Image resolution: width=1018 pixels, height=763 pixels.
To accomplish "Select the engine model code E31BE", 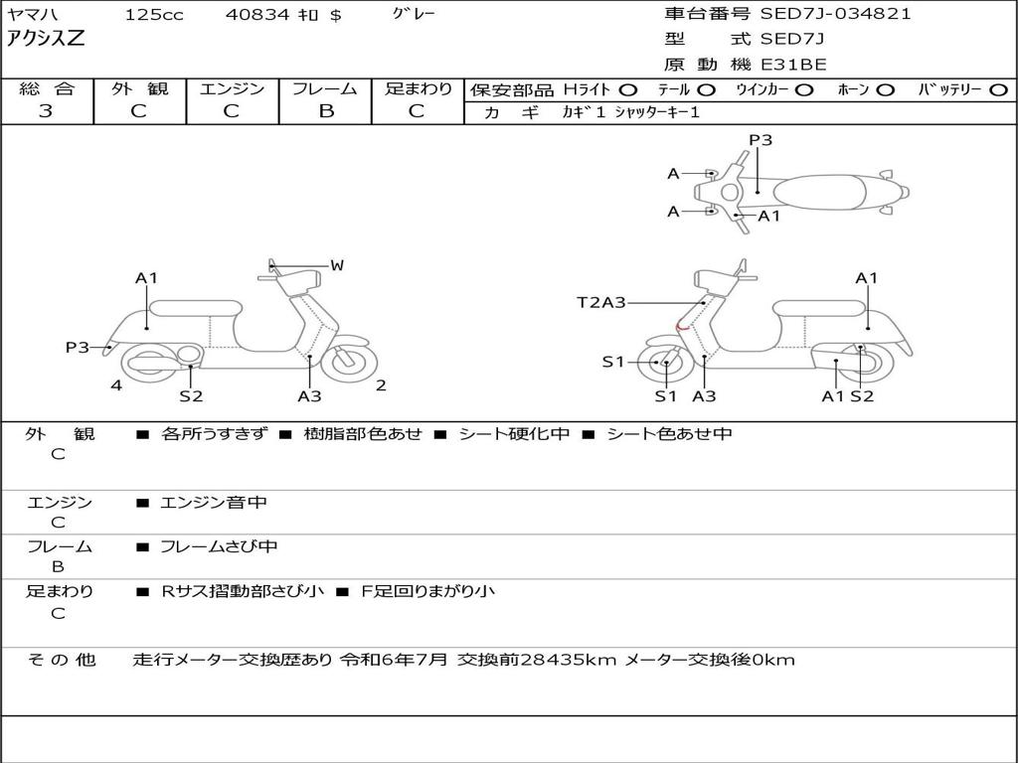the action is (793, 65).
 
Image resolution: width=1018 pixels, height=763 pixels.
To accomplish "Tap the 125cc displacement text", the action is (154, 15).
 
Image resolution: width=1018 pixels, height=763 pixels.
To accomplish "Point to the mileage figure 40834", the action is (257, 15).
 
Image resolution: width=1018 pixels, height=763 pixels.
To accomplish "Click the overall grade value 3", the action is (46, 111).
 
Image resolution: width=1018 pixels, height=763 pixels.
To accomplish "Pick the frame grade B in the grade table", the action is (326, 111).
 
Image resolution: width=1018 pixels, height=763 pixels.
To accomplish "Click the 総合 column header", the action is (47, 89).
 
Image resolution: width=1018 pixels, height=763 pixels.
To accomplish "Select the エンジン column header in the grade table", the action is (232, 89).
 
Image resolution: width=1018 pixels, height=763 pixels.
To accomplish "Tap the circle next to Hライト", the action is (628, 90).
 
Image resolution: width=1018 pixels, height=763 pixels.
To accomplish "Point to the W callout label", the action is (337, 265).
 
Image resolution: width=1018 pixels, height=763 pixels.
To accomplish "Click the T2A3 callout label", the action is (601, 302).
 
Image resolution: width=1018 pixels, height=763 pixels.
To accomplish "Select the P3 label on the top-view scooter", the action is (761, 140).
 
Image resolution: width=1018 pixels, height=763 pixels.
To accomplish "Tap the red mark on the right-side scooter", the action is (681, 324).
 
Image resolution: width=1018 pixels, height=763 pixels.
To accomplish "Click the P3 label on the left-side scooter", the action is (78, 347).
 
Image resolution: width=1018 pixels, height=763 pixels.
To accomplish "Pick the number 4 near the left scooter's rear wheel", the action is (116, 385).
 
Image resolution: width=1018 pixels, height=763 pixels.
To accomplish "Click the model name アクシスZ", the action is (46, 40).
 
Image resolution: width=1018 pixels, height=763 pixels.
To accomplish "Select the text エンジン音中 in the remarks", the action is (214, 503).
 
